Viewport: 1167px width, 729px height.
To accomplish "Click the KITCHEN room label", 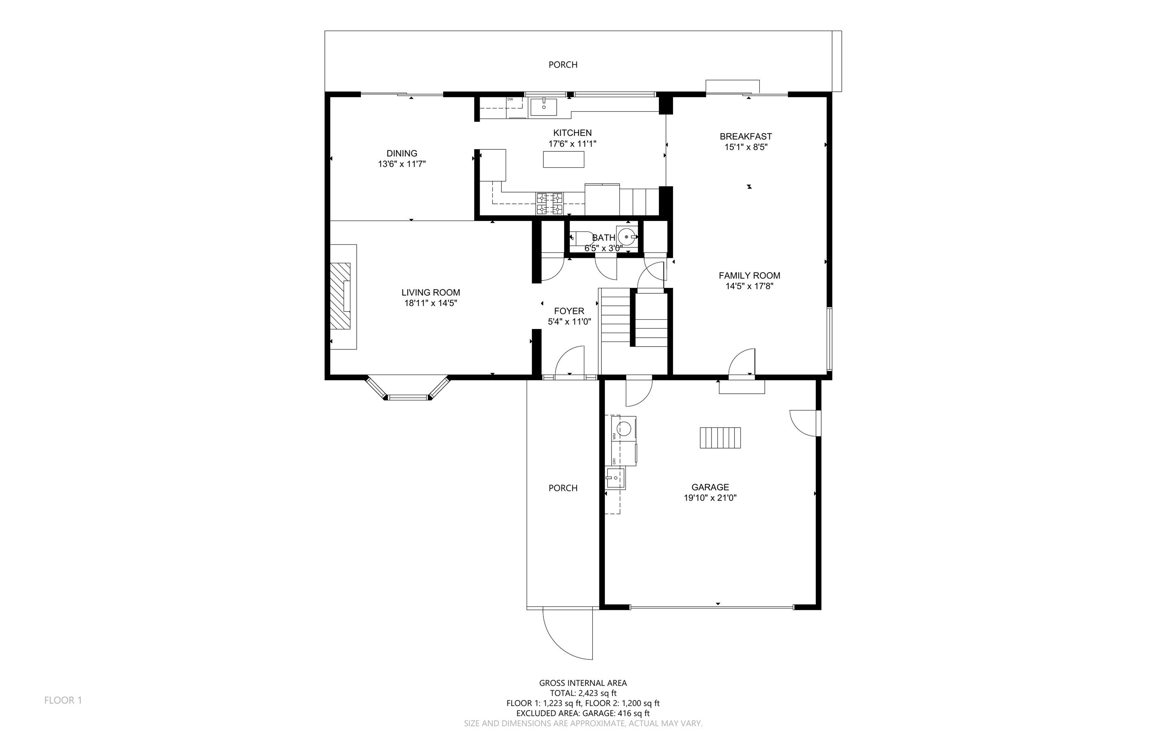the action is tap(572, 133).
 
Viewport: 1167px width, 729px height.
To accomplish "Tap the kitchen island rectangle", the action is tap(564, 159).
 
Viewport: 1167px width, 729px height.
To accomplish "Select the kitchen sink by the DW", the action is tap(543, 107).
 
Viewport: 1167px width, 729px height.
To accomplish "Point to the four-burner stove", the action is tap(550, 203).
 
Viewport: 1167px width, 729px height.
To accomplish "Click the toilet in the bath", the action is tap(581, 238).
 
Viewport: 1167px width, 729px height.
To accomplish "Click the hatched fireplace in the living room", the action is tap(340, 296).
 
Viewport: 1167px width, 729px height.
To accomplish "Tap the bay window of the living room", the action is tap(408, 389).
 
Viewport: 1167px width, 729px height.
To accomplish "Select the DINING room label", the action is tap(402, 153).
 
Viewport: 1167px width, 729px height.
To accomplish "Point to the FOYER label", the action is tap(569, 311).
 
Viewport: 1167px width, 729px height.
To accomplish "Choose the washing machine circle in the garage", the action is tap(625, 428).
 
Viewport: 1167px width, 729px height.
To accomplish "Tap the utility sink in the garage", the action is tap(615, 478).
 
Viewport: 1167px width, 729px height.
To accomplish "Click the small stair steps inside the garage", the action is tap(720, 438).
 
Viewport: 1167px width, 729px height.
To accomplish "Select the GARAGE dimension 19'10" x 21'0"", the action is tap(710, 498).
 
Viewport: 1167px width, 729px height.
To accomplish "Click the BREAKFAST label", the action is tap(746, 137).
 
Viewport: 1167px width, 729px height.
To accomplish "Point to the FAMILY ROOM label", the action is tap(749, 275).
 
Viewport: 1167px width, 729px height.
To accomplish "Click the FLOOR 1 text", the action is tap(63, 700).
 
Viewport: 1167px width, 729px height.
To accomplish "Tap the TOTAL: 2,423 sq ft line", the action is tap(583, 693).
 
